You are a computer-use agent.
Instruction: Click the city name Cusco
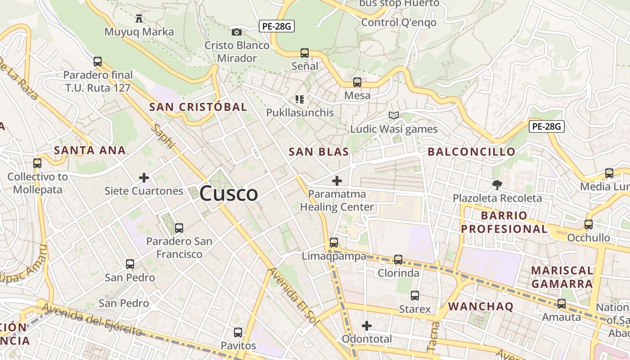click(229, 193)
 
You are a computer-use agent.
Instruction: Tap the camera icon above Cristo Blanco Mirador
click(236, 32)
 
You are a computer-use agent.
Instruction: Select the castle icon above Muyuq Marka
click(139, 18)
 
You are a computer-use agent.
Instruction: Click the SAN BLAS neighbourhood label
click(319, 152)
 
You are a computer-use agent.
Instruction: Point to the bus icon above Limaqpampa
click(333, 243)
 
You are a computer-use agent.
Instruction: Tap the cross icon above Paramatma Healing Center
click(337, 181)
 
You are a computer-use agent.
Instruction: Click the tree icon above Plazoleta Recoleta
click(497, 184)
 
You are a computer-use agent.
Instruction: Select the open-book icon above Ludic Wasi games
click(394, 116)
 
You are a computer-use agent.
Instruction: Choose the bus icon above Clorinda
click(398, 260)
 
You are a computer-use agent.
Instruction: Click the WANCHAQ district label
click(481, 306)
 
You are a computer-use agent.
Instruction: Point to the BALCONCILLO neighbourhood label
click(471, 152)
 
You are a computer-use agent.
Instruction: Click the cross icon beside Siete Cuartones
click(144, 178)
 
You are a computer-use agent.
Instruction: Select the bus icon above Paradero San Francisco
click(179, 228)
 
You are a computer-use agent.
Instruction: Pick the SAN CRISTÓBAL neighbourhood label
click(198, 107)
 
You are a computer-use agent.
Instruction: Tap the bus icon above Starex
click(415, 296)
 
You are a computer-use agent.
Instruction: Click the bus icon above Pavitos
click(238, 333)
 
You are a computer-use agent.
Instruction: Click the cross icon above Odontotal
click(367, 325)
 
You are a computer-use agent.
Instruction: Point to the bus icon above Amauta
click(562, 304)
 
